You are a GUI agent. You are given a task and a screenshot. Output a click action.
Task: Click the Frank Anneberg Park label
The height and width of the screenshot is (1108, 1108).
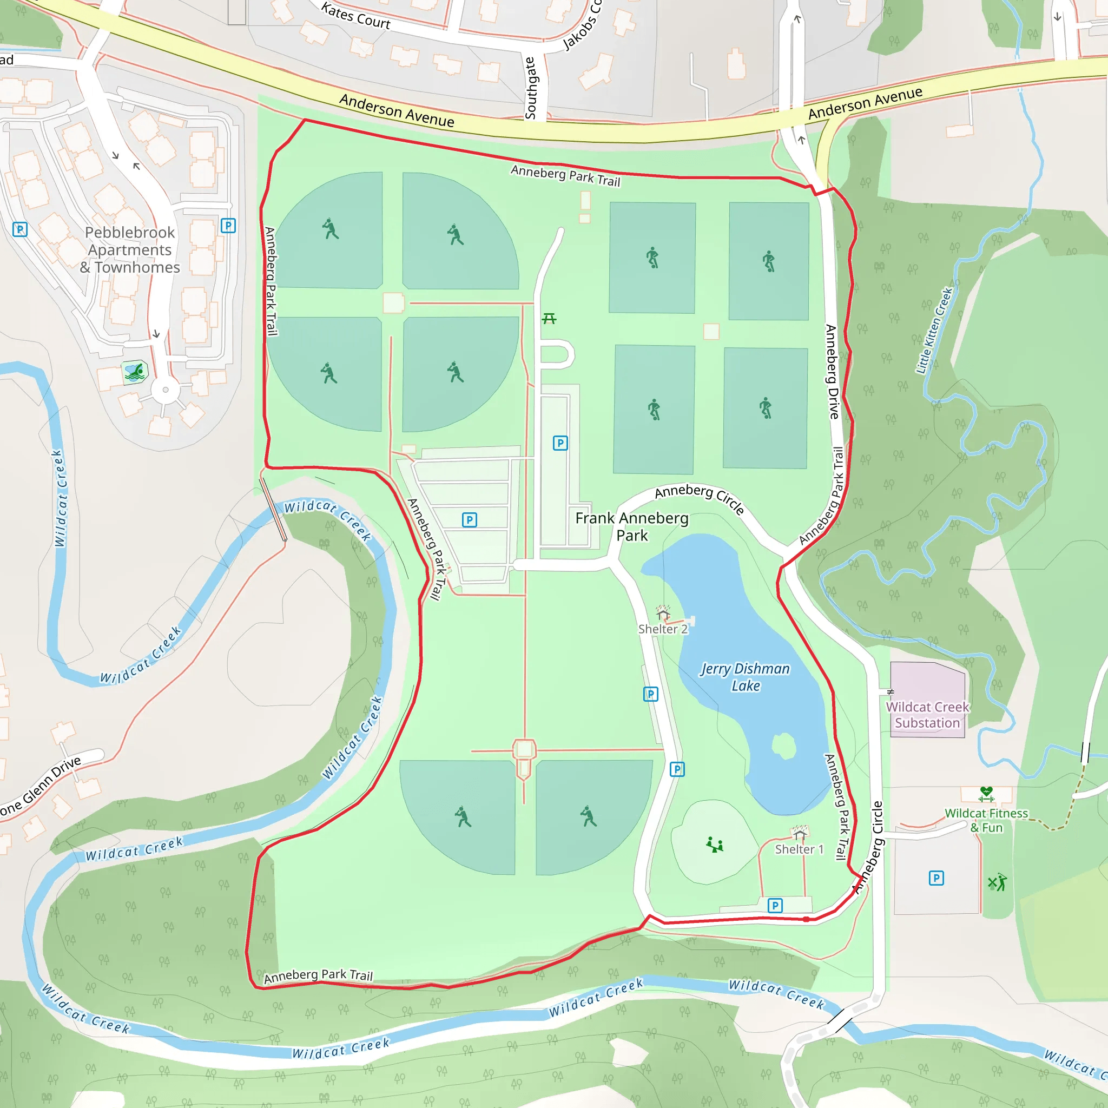[631, 526]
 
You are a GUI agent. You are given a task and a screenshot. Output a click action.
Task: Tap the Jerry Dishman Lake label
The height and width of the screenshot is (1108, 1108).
[745, 677]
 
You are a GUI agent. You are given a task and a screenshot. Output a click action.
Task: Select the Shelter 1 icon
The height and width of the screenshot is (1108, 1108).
[800, 832]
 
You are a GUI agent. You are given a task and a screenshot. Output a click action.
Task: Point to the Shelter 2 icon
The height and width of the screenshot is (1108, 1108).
[663, 612]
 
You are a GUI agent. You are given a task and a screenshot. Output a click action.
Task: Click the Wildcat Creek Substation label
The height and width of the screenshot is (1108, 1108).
[927, 715]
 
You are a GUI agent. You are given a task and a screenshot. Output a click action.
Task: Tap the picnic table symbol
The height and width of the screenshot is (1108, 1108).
[549, 318]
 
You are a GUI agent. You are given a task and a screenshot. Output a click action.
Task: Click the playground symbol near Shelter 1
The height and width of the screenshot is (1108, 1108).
[715, 845]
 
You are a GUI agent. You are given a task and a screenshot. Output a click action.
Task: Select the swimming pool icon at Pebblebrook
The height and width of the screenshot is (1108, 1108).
[135, 372]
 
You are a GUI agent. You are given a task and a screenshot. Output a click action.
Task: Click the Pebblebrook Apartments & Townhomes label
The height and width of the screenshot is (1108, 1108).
[130, 250]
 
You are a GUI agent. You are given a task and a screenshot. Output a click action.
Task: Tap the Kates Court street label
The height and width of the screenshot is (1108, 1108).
[355, 16]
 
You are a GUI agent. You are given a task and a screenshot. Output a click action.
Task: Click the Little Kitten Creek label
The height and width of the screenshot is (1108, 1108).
[934, 331]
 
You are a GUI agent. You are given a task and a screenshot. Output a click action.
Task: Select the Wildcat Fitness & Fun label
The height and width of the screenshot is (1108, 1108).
[986, 820]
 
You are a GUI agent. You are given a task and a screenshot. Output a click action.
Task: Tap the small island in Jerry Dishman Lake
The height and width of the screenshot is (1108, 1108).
[783, 746]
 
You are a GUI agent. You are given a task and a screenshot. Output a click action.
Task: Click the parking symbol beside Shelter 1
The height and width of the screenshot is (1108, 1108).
[775, 906]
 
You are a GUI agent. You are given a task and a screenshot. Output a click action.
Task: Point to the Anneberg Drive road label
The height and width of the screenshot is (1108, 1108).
[832, 372]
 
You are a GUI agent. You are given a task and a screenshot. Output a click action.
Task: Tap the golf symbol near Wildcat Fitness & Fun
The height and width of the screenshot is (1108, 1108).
[997, 882]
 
